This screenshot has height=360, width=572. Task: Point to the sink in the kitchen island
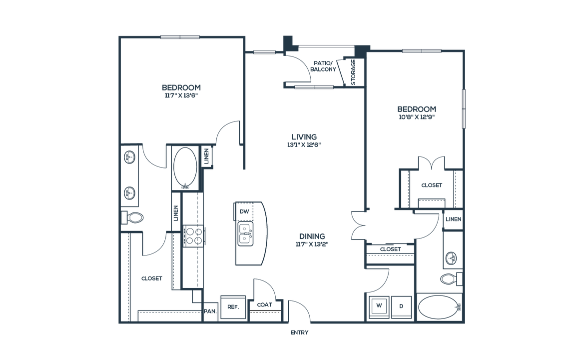tap(245, 232)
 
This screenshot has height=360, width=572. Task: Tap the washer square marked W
tap(379, 306)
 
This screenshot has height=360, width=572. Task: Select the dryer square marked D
tap(401, 306)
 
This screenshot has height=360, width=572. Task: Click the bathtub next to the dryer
tap(438, 307)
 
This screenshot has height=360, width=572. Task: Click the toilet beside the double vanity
tap(133, 217)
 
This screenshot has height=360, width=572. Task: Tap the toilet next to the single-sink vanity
tap(450, 278)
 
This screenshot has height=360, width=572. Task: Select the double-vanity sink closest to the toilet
tap(129, 191)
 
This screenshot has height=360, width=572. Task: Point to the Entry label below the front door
tap(300, 331)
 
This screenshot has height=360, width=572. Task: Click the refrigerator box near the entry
tap(232, 306)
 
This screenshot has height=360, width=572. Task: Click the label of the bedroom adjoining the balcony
tap(416, 113)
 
